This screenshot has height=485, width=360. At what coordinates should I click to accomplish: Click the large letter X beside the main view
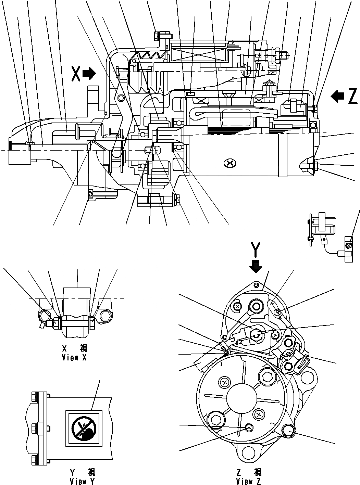point(76,74)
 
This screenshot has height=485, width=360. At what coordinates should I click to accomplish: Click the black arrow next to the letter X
point(90,74)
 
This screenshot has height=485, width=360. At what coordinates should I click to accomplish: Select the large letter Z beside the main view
point(352,97)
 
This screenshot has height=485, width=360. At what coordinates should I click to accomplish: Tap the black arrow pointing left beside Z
point(337,97)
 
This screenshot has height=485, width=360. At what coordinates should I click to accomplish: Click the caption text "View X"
point(74,358)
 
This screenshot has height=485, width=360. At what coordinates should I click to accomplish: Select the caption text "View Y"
point(83,481)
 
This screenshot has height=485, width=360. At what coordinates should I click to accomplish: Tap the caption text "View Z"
point(249,481)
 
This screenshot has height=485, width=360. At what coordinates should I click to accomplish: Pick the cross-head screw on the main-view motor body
point(230,163)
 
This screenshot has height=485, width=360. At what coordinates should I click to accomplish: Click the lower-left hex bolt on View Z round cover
point(215,420)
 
